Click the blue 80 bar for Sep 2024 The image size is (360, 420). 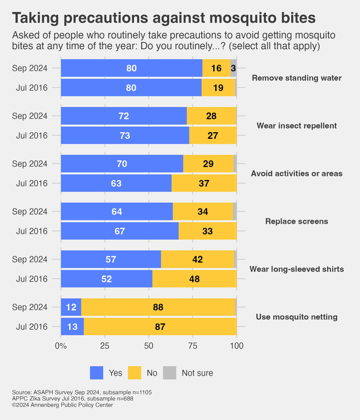coord(132,68)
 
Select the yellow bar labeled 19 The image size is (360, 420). coord(218,88)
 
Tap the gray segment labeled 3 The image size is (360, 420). coord(233,68)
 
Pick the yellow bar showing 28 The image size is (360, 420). coord(211,116)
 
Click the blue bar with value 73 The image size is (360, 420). coord(125,135)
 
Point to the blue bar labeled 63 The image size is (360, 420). coord(116,183)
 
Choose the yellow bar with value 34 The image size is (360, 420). coord(203,211)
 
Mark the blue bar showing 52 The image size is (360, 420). coord(107,278)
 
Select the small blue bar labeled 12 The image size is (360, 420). coord(71,307)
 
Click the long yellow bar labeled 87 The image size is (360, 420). coord(160,326)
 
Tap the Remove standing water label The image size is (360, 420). coord(297,78)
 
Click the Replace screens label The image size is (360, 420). coord(297,221)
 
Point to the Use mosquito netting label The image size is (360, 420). coord(297,317)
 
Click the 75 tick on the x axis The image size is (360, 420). coord(192,346)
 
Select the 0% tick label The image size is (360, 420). coord(61,346)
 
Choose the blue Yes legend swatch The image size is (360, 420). coord(96,373)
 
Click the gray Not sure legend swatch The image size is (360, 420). coord(170,373)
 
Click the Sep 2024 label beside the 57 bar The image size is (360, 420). coord(30,259)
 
